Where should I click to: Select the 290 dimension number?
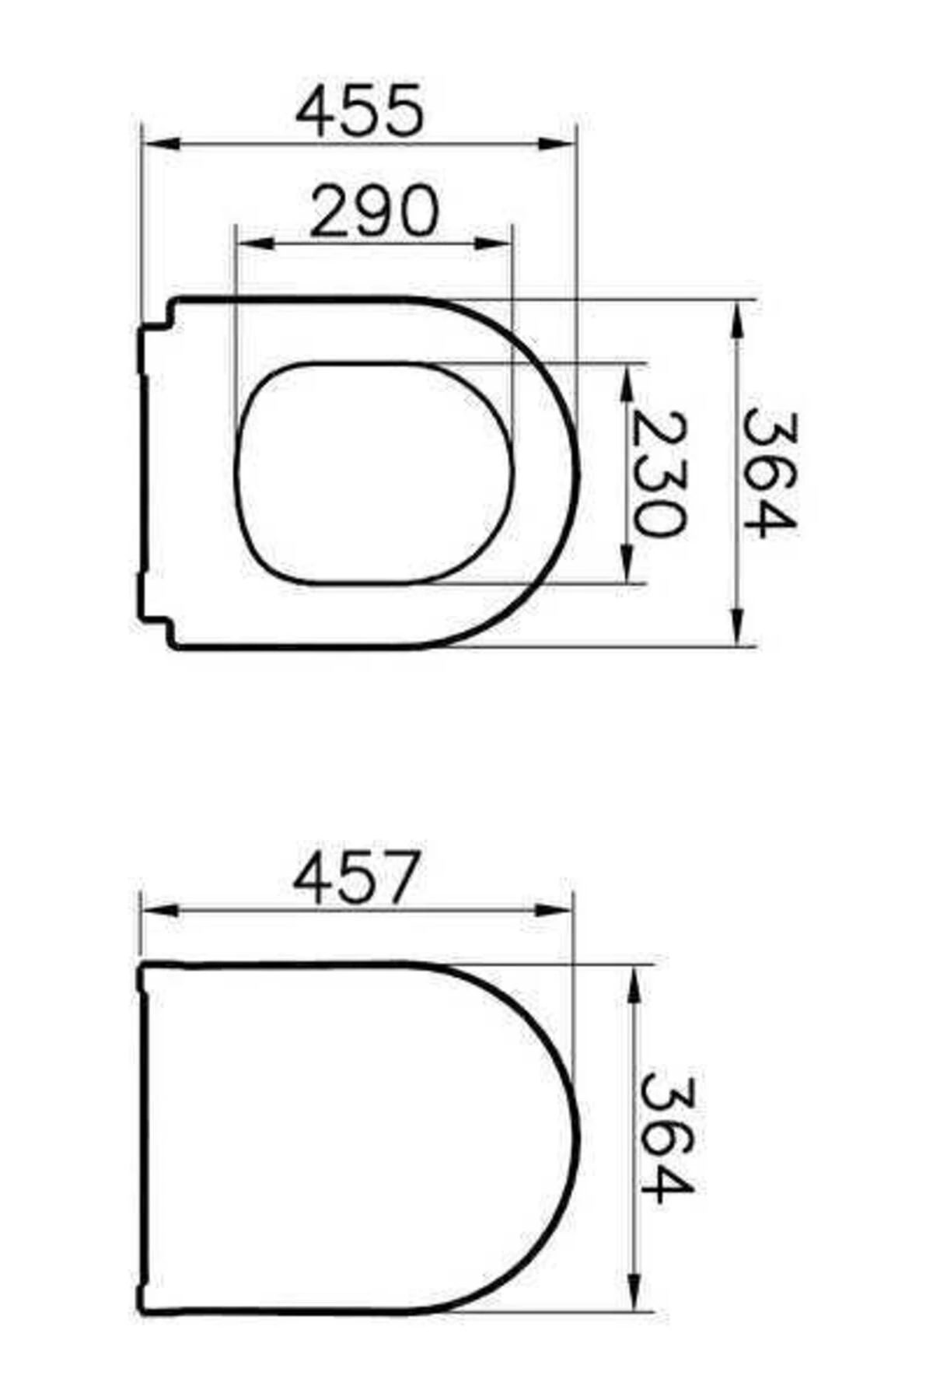[374, 211]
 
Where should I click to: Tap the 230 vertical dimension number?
[659, 474]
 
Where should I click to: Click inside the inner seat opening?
[373, 473]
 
